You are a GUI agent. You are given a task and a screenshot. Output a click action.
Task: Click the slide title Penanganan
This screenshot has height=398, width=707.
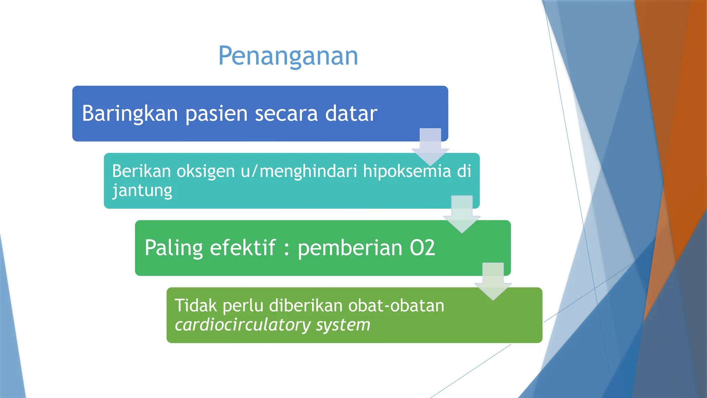(x=288, y=56)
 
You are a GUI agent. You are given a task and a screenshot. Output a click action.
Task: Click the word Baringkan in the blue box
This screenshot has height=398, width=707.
(x=130, y=113)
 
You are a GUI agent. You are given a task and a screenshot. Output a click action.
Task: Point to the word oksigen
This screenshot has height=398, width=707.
(x=205, y=171)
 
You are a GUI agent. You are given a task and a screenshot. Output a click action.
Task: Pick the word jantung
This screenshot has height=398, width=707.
(x=142, y=191)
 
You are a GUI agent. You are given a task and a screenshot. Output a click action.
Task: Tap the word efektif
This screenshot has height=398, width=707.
(x=243, y=248)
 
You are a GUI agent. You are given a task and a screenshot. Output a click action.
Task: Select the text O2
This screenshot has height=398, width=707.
(x=422, y=248)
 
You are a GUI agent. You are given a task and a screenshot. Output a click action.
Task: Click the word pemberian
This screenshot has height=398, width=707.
(x=350, y=248)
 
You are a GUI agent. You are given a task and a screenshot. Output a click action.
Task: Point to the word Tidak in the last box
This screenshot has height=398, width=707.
(x=195, y=306)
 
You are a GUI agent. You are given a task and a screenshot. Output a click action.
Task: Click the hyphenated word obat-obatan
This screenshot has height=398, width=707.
(x=396, y=306)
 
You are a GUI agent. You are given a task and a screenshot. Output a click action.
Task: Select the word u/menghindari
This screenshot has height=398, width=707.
(x=299, y=171)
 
